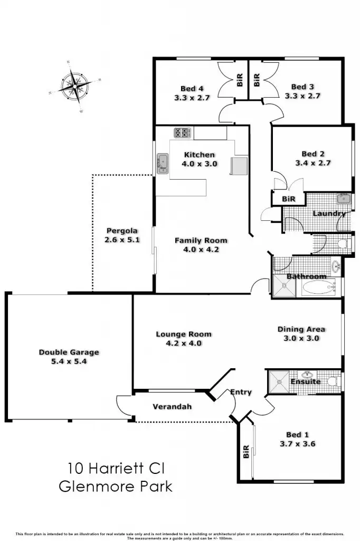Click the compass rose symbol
(74, 86)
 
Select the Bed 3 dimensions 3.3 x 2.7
(302, 96)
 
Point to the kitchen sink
(162, 163)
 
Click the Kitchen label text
(199, 155)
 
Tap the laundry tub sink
(344, 199)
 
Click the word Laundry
(329, 213)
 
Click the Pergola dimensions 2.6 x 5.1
(121, 240)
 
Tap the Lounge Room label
(184, 334)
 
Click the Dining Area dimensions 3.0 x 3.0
(302, 339)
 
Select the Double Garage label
(69, 352)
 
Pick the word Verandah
(172, 407)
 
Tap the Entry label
(241, 392)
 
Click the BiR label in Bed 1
(246, 452)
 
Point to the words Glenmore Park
(116, 486)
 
